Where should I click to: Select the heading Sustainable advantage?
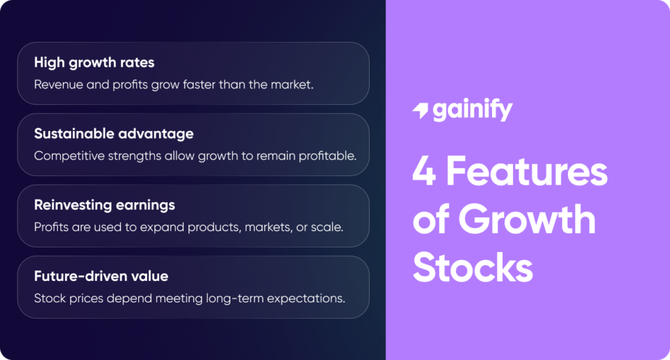114,134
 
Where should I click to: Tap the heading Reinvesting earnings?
105,205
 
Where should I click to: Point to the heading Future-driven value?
101,276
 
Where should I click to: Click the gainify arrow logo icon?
419,111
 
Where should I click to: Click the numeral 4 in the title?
424,173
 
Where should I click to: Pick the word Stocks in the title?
473,268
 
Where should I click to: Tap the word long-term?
228,298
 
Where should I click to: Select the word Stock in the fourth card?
49,298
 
